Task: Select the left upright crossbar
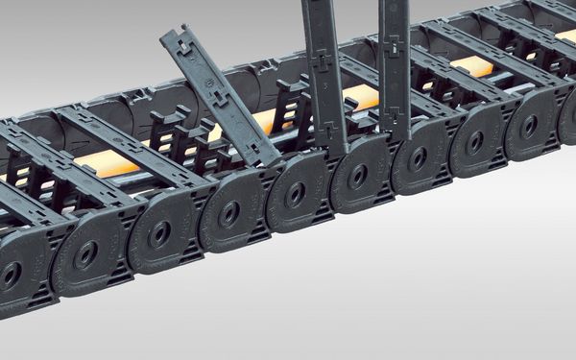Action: point(324,72)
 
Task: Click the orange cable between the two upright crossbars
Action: point(361,96)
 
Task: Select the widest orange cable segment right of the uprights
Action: point(470,66)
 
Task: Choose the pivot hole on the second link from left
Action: point(86,254)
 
